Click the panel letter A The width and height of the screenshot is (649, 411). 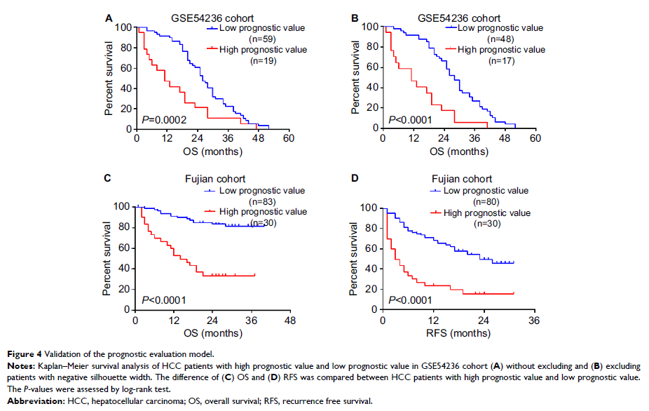tap(109, 16)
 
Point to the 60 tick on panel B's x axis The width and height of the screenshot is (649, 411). tap(535, 138)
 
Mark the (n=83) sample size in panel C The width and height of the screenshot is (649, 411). tap(265, 201)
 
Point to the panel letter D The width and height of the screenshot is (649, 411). tap(355, 180)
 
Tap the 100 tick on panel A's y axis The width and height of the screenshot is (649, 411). tap(123, 27)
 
